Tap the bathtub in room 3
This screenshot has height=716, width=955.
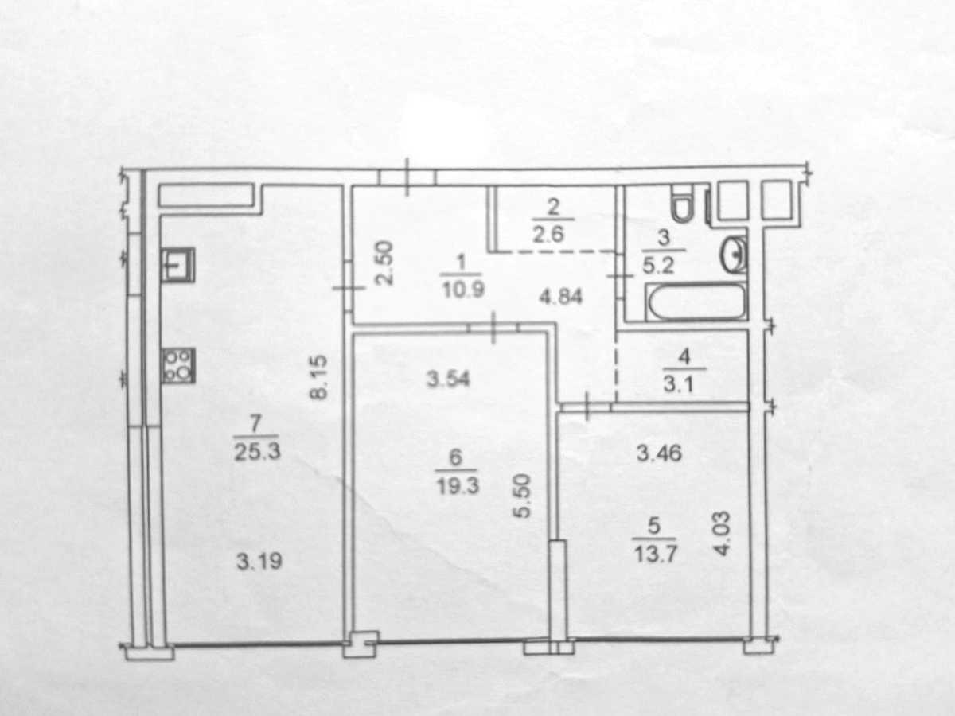click(696, 302)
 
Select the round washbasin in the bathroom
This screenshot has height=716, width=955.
click(734, 255)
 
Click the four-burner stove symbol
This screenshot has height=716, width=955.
click(178, 366)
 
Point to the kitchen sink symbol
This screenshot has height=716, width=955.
click(177, 265)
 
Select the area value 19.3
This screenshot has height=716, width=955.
click(458, 486)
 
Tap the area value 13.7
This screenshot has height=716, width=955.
click(655, 554)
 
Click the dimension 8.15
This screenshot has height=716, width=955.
click(318, 377)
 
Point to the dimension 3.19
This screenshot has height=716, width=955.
click(259, 561)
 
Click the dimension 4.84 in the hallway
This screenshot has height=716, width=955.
click(560, 298)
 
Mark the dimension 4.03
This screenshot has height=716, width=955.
click(722, 533)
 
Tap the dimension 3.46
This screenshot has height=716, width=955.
click(659, 453)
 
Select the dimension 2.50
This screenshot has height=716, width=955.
click(384, 263)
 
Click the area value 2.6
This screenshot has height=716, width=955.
click(548, 234)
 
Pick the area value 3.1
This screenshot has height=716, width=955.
click(678, 384)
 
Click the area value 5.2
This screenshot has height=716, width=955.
click(658, 265)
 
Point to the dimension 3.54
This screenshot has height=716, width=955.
click(448, 379)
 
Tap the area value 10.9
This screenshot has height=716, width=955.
click(463, 289)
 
